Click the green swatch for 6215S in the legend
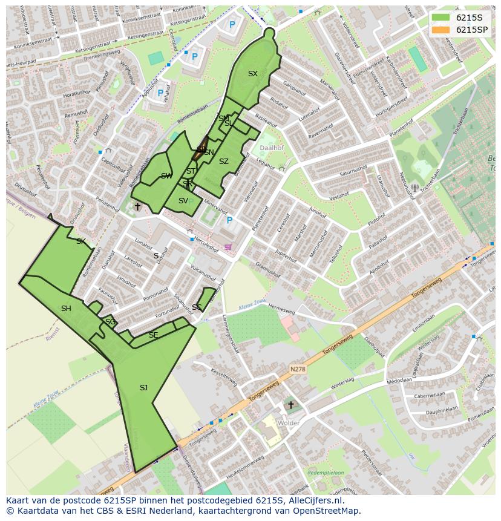point(441,18)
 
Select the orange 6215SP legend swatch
point(441,30)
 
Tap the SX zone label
point(252,74)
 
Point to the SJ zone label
point(143,388)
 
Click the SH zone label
point(66,309)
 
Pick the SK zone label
point(80,241)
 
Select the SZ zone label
point(224,162)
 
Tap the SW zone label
point(166,176)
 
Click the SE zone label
point(154,335)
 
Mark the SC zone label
point(197,307)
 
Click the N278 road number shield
point(297,369)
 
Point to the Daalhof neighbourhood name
point(271,147)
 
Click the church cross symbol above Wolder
point(290,405)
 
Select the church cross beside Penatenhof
point(137,207)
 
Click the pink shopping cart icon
point(228,247)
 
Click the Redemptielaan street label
point(325,473)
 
